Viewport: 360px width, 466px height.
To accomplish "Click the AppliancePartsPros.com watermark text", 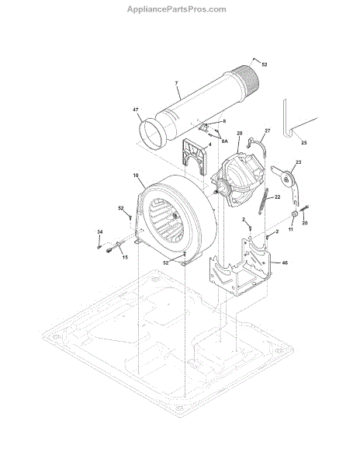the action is [x=177, y=9].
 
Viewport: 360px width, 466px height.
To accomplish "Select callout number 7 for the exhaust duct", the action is [x=177, y=83].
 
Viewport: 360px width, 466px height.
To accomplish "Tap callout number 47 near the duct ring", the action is [x=135, y=110].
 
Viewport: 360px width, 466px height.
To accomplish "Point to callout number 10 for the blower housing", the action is [x=136, y=176].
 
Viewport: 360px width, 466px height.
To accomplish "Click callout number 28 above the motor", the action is [x=240, y=133].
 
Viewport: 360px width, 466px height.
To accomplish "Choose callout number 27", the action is [x=268, y=130].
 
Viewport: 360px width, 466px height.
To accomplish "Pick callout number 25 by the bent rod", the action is [x=304, y=143].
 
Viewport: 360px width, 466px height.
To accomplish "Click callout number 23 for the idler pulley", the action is [x=298, y=162].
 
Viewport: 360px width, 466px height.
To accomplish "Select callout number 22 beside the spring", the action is [x=277, y=197].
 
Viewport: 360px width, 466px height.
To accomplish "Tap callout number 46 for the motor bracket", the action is [x=285, y=263].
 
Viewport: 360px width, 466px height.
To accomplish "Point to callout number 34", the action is [x=100, y=231].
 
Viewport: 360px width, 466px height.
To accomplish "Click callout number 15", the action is [x=125, y=257].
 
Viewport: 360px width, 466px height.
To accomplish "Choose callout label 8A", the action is [x=225, y=141].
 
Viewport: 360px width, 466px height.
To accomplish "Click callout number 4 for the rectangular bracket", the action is [x=209, y=144].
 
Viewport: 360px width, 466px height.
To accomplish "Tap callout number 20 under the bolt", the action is [x=304, y=223].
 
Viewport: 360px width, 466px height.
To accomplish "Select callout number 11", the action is [x=290, y=229].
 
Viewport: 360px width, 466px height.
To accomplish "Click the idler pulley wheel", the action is [x=288, y=179].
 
